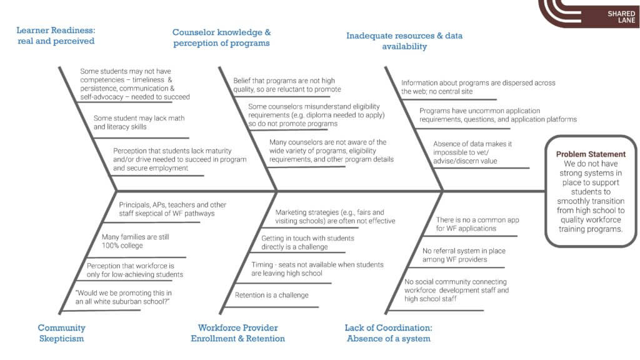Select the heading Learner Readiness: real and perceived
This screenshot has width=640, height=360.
[x=56, y=36]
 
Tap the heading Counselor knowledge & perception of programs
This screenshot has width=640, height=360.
[x=221, y=37]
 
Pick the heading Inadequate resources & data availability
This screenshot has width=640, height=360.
[x=404, y=41]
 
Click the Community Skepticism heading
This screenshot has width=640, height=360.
[x=61, y=333]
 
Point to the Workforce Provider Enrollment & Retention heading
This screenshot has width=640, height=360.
[x=237, y=333]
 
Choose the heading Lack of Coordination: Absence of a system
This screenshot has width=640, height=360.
[x=387, y=333]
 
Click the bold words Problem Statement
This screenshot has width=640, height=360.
[x=590, y=154]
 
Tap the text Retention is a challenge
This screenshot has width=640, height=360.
[x=271, y=295]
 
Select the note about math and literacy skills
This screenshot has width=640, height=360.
[x=139, y=122]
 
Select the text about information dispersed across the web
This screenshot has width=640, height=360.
[x=477, y=87]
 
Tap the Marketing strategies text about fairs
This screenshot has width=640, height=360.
[x=335, y=216]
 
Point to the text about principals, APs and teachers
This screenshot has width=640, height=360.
[x=172, y=209]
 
